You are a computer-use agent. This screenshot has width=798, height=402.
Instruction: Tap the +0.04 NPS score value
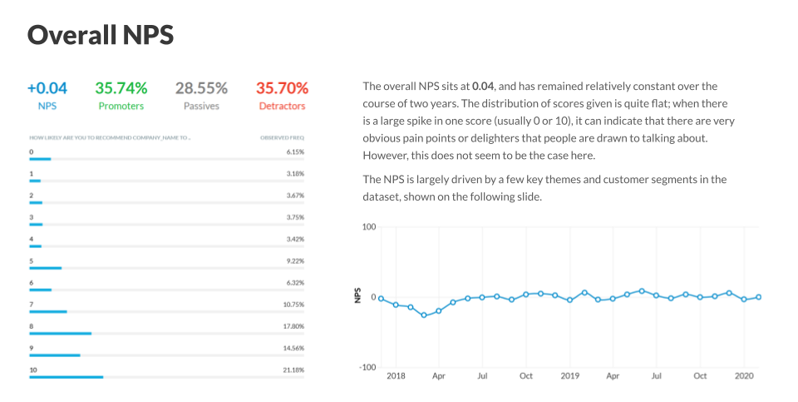(47, 87)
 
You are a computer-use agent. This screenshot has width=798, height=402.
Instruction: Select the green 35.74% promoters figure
(121, 87)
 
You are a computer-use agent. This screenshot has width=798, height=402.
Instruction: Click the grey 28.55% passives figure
(201, 87)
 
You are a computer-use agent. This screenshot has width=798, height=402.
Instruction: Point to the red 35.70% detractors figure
(282, 87)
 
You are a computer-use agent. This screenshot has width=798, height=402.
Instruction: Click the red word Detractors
(282, 107)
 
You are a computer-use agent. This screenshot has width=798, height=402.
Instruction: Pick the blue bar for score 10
(66, 377)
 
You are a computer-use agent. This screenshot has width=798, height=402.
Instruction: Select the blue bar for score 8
(60, 334)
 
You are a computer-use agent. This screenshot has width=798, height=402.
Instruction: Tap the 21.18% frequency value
(293, 370)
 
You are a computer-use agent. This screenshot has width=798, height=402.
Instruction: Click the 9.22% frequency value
(295, 261)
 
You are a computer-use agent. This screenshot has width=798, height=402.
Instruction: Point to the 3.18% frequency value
(295, 174)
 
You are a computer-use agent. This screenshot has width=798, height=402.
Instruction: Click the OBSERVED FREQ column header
(282, 136)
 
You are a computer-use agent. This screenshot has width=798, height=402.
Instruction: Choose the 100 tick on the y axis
(370, 226)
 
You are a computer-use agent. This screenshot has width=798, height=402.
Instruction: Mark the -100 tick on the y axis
(368, 367)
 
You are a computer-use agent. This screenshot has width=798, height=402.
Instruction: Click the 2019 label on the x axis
(569, 376)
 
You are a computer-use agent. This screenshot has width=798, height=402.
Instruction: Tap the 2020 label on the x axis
(744, 376)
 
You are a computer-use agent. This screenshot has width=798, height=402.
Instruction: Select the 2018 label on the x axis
(397, 376)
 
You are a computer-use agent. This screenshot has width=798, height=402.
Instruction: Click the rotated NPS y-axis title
(358, 296)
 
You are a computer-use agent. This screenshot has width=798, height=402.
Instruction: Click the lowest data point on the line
(424, 315)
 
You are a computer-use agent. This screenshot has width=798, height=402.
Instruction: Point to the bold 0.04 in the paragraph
(483, 86)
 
